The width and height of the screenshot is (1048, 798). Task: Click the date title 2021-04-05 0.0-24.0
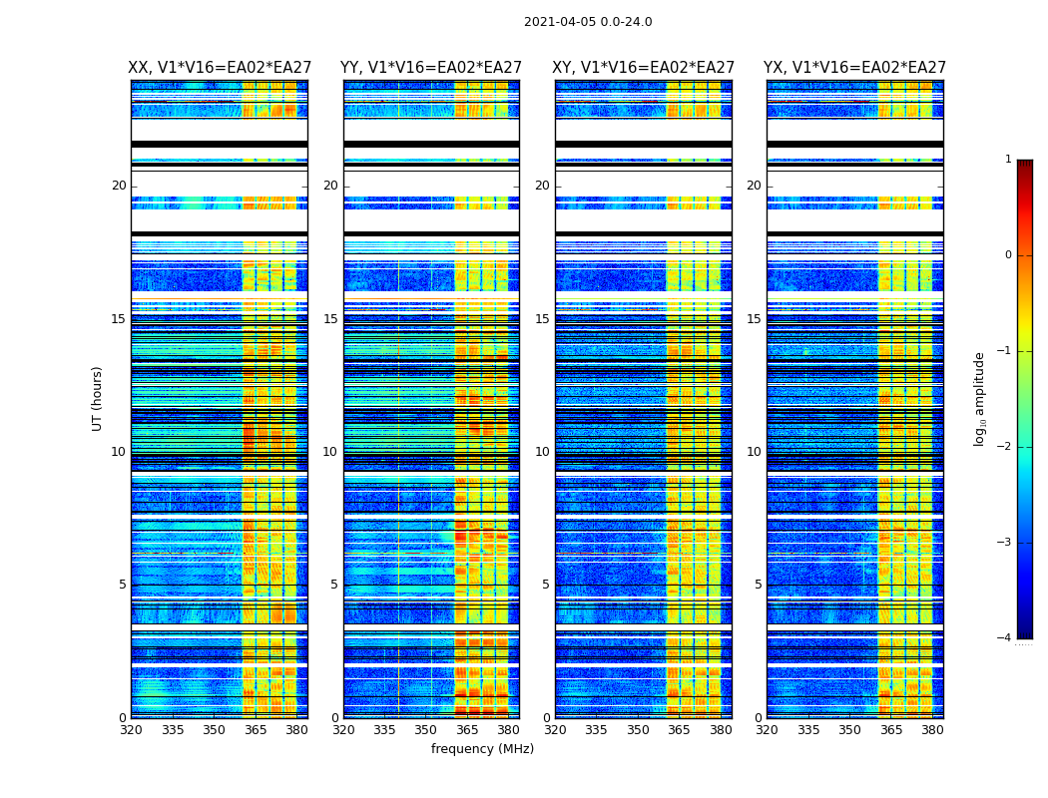(588, 22)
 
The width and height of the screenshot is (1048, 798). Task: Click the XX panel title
(219, 68)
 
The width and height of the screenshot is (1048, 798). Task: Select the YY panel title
(431, 68)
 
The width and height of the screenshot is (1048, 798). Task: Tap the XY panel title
(644, 68)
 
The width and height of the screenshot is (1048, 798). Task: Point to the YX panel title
(854, 68)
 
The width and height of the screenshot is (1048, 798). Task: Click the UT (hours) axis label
(98, 398)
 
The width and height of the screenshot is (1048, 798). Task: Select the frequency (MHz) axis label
(482, 749)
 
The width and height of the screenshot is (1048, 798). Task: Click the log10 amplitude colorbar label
(980, 398)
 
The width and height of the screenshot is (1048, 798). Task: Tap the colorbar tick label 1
(1008, 160)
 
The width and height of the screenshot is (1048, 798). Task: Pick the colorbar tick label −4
(1005, 638)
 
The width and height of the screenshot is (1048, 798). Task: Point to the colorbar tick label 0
(1008, 255)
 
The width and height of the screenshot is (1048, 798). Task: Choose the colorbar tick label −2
(1005, 447)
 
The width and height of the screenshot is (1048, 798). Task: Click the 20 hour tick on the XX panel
(119, 186)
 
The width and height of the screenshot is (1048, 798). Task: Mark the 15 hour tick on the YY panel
(330, 319)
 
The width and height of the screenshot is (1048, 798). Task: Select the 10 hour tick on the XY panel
(542, 452)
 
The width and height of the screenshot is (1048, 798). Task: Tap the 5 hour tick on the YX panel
(758, 585)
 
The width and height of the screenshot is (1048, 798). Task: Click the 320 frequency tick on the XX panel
(131, 730)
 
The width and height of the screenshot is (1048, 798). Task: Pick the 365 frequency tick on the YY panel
(467, 730)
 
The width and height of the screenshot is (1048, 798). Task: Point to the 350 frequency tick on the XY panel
(637, 730)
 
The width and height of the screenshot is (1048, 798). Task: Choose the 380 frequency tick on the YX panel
(932, 730)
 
